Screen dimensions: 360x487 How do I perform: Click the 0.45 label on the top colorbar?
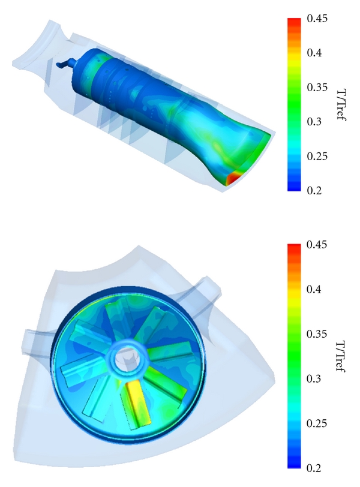click(317, 19)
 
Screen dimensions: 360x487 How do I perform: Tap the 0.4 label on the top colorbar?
click(314, 53)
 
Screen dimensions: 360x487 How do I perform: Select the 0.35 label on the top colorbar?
click(317, 88)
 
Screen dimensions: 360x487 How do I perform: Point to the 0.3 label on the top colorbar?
click(314, 122)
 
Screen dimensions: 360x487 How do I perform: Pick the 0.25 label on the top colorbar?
click(317, 156)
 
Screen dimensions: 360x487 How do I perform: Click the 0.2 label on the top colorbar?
click(314, 190)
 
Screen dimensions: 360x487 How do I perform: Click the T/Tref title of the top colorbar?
click(341, 105)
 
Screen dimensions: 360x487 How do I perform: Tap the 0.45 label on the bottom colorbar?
click(317, 245)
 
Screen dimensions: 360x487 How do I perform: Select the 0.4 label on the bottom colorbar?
click(314, 290)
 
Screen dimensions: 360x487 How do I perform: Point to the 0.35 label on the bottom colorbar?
click(317, 334)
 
